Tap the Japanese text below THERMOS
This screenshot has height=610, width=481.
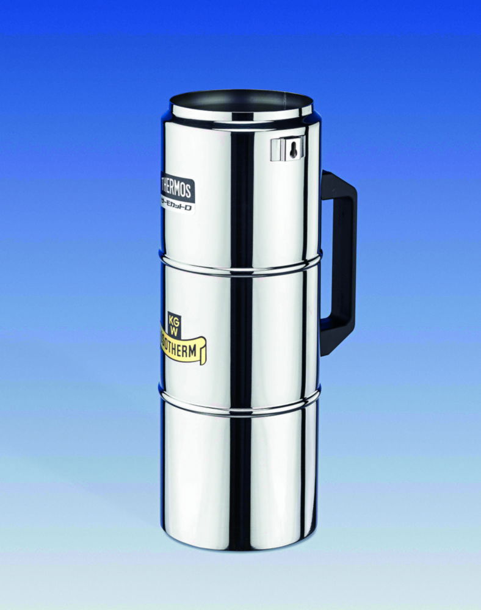[178, 206]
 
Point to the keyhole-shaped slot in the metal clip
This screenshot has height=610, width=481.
[294, 149]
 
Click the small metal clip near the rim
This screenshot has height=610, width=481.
[287, 148]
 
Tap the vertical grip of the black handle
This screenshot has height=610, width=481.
[345, 262]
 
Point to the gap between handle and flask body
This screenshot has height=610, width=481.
[326, 262]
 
